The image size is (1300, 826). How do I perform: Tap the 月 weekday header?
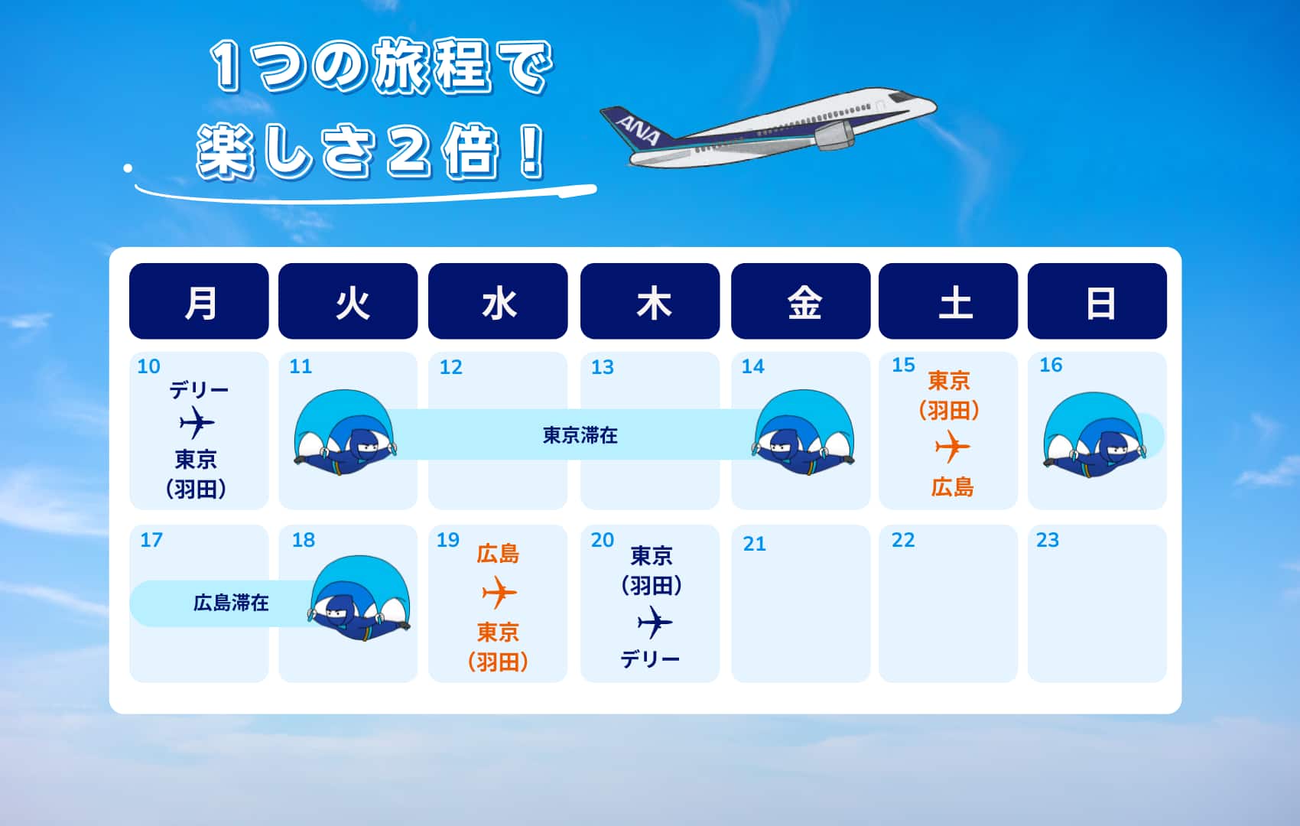tap(199, 301)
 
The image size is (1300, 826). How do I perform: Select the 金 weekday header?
tap(801, 301)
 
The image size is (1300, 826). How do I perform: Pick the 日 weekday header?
tap(1097, 301)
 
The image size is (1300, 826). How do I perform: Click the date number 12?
tap(451, 367)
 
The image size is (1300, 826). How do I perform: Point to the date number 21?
tap(755, 544)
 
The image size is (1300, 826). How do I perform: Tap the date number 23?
tap(1048, 541)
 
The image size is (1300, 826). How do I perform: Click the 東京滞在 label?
tap(580, 435)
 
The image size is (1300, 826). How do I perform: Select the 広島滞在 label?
tap(231, 603)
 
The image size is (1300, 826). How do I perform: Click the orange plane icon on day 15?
tap(952, 447)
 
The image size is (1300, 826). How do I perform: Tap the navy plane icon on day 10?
tap(197, 422)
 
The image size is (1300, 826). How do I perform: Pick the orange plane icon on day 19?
tap(499, 593)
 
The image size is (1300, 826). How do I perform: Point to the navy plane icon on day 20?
tap(655, 623)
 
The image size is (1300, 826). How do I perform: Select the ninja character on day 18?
tap(361, 599)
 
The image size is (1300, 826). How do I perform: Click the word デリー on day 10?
tap(199, 390)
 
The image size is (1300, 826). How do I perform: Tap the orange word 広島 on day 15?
tap(952, 488)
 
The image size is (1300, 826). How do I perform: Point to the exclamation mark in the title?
tap(530, 152)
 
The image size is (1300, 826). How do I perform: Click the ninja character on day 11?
tap(345, 432)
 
